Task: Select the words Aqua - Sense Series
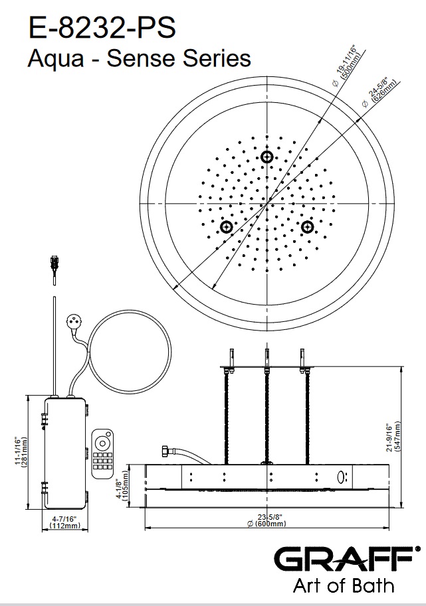click(139, 59)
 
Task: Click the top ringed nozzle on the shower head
click(267, 157)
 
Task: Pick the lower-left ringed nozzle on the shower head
click(227, 227)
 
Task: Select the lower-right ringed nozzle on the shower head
click(307, 227)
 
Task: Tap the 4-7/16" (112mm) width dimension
click(64, 522)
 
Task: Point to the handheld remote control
click(103, 453)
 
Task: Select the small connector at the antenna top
click(54, 262)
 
